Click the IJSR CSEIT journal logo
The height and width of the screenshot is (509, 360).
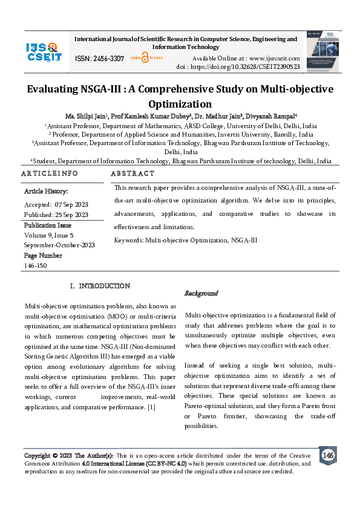[43, 51]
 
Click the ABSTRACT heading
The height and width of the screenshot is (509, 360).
[133, 173]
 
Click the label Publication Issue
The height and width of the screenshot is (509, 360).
[48, 224]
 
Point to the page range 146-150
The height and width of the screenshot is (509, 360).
[36, 265]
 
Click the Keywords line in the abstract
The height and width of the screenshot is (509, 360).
[186, 240]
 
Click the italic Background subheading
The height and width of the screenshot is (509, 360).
[201, 293]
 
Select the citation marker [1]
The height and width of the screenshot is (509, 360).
[152, 407]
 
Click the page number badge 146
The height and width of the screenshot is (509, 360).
[328, 455]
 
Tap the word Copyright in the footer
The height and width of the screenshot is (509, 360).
[37, 455]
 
